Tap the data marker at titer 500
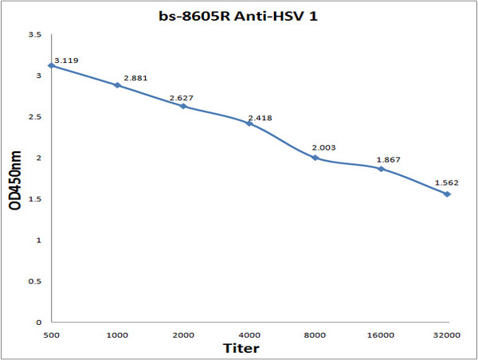pos(51,65)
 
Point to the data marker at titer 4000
pos(249,123)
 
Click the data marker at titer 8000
pos(315,158)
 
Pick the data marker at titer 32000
pos(447,194)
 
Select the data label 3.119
pos(66,60)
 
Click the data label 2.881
pos(135,78)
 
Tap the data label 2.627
pos(182,98)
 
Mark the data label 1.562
pos(448,183)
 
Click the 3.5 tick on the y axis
pos(34,35)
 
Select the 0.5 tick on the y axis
pos(34,281)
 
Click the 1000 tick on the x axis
pos(117,335)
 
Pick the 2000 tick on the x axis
pos(182,335)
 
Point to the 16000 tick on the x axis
pos(381,335)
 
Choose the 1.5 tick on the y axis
pos(34,199)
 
